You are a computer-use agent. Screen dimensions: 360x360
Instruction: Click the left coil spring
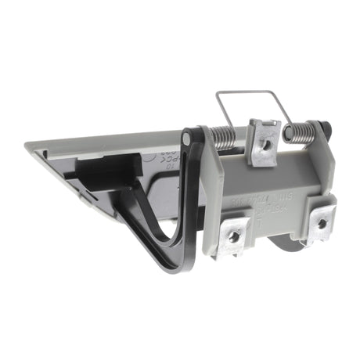[225, 139]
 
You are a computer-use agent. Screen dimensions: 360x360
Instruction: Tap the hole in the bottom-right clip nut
[320, 224]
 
